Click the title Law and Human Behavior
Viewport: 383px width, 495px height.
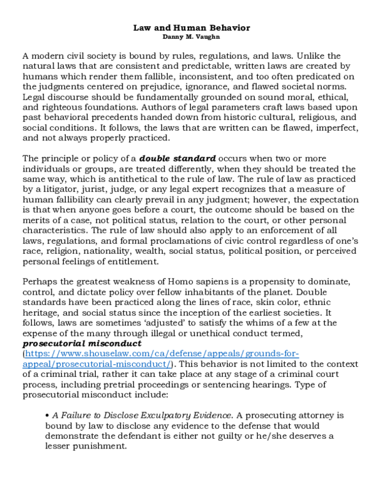point(191,28)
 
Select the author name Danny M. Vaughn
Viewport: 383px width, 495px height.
point(191,37)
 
